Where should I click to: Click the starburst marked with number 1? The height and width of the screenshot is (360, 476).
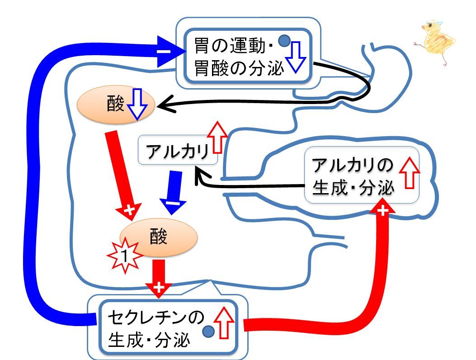pyautogui.click(x=125, y=256)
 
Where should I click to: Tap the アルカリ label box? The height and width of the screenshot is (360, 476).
pyautogui.click(x=178, y=150)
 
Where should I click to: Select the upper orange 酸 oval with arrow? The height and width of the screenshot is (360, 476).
pyautogui.click(x=116, y=104)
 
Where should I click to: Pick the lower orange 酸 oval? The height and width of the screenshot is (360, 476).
pyautogui.click(x=159, y=237)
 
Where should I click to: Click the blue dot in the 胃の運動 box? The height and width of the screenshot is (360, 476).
pyautogui.click(x=284, y=41)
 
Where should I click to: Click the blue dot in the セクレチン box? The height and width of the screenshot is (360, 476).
pyautogui.click(x=208, y=331)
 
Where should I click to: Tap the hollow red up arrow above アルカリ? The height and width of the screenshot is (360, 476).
pyautogui.click(x=217, y=137)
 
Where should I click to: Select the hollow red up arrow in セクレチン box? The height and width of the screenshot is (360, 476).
pyautogui.click(x=224, y=322)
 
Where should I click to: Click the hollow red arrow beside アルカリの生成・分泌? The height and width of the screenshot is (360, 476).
pyautogui.click(x=410, y=173)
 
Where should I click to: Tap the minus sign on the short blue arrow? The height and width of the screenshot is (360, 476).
pyautogui.click(x=172, y=203)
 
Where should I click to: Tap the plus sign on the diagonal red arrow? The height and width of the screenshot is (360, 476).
pyautogui.click(x=130, y=209)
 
